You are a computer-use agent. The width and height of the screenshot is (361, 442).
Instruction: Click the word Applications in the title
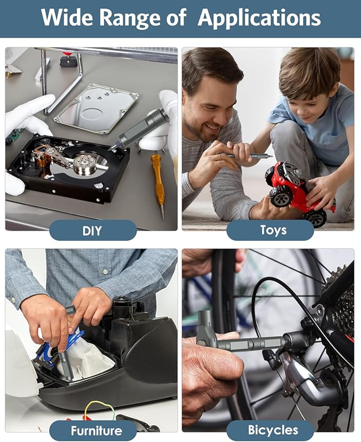click(259, 18)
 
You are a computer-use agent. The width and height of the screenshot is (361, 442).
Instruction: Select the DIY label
click(92, 231)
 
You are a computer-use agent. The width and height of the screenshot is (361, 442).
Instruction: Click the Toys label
click(273, 230)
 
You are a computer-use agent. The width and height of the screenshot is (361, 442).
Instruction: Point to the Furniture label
click(96, 431)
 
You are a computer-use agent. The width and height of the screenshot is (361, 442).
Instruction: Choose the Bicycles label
click(273, 430)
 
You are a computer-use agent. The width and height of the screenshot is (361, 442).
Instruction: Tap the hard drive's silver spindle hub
click(84, 165)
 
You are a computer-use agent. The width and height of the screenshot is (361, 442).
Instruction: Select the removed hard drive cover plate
click(96, 108)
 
